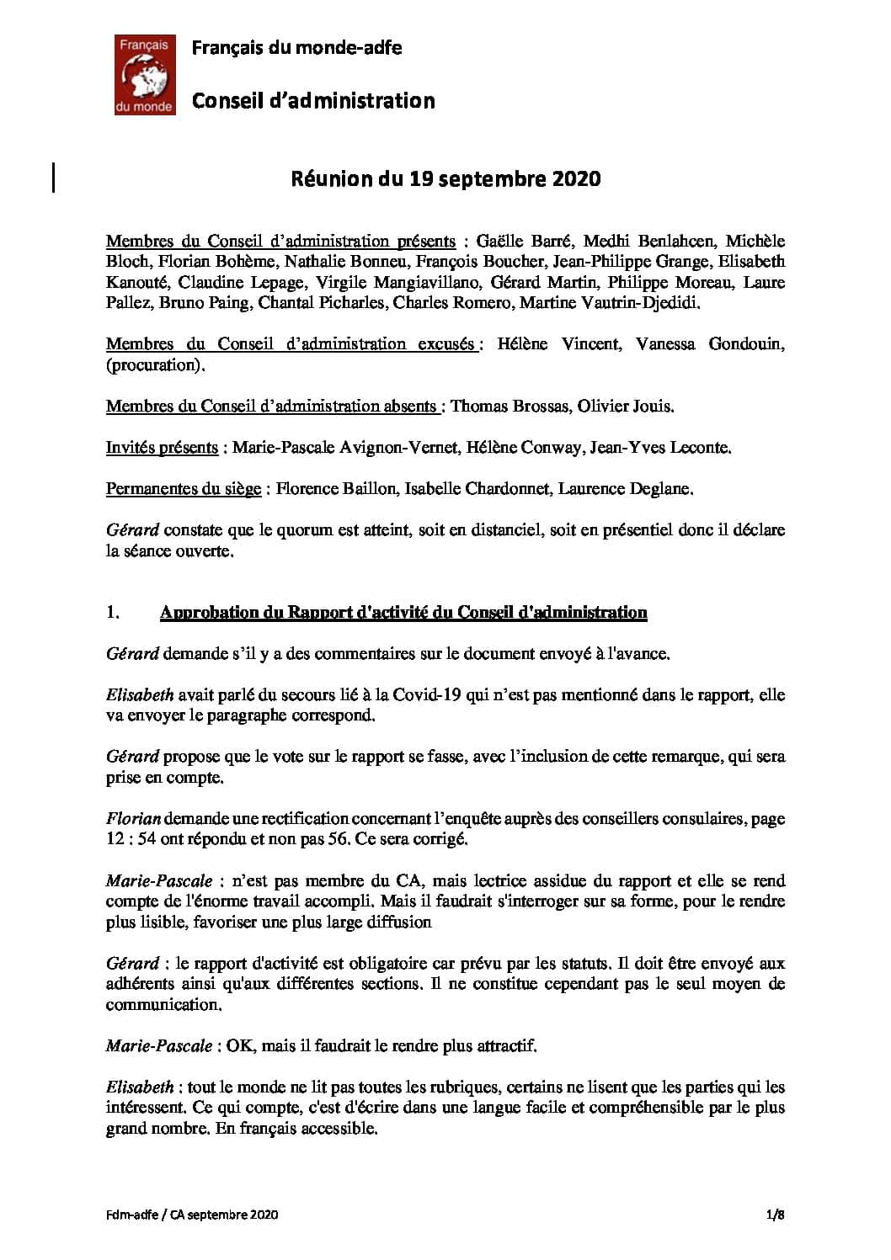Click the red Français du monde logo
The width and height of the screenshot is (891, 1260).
(x=145, y=74)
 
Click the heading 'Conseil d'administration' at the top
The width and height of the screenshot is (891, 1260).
(x=313, y=101)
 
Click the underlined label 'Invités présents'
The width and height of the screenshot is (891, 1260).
(x=162, y=447)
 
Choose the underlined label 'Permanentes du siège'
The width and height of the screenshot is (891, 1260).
(x=183, y=488)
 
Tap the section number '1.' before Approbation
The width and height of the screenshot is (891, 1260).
(x=112, y=613)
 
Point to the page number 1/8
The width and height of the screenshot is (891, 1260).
(x=775, y=1215)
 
